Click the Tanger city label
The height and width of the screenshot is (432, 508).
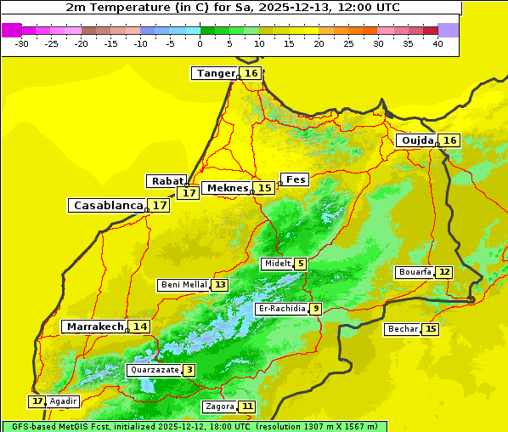(215, 73)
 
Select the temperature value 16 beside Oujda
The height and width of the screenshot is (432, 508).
(449, 140)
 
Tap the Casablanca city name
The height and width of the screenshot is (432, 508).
(107, 206)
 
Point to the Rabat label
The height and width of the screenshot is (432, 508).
(167, 181)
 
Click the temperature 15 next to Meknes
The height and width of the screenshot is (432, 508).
(265, 188)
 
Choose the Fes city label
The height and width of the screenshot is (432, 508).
(296, 179)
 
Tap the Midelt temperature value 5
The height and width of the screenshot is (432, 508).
(300, 264)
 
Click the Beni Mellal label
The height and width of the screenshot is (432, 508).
(183, 285)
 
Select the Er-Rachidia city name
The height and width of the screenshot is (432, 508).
(281, 309)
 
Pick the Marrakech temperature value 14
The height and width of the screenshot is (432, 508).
(139, 327)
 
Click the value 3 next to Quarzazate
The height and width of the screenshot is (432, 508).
(189, 370)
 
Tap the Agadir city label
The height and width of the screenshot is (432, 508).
(63, 401)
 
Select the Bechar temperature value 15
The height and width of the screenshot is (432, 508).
(431, 329)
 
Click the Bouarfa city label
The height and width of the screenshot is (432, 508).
(415, 272)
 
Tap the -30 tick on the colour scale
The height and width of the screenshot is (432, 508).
(22, 43)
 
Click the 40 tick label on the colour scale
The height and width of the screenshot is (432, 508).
(437, 43)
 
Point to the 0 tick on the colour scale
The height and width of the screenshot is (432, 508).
(200, 43)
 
